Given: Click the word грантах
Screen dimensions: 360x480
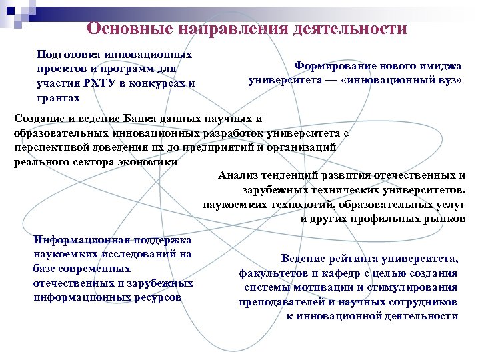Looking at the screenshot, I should [59, 98].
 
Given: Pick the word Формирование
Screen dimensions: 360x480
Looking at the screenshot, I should [336, 66].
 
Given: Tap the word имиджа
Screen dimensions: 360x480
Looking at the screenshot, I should [441, 66].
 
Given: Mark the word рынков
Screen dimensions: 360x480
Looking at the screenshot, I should [445, 219].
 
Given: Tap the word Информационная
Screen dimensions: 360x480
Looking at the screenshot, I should [81, 239].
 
